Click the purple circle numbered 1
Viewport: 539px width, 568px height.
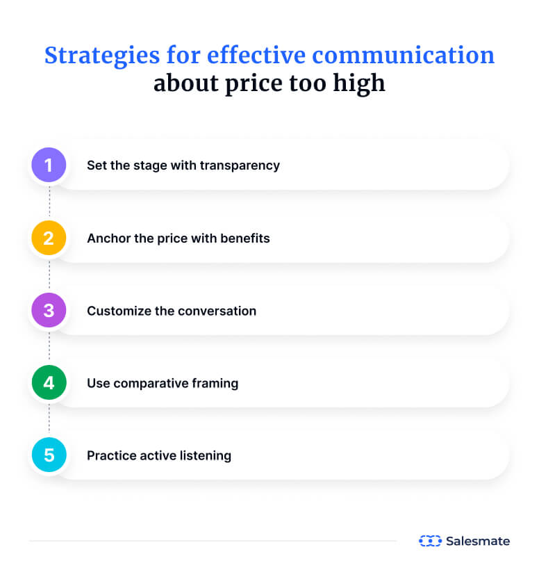tap(49, 165)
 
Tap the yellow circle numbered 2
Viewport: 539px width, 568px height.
tap(49, 238)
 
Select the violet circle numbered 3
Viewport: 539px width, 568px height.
tap(49, 311)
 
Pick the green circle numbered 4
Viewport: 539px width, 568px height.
tap(49, 383)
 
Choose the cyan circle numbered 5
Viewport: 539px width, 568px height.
tap(49, 455)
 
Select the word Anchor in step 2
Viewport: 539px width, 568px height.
tap(108, 238)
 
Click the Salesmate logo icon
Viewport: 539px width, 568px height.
tap(430, 541)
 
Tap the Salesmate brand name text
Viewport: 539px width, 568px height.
tap(478, 541)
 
